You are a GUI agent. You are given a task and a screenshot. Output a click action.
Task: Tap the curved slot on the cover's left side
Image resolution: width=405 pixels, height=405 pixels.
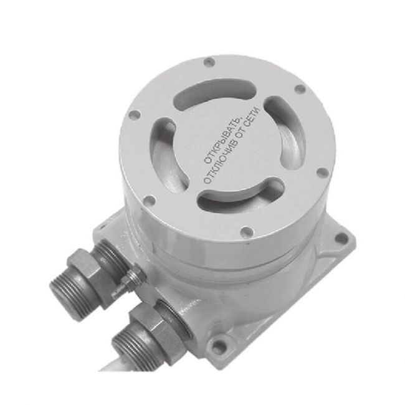click(168, 155)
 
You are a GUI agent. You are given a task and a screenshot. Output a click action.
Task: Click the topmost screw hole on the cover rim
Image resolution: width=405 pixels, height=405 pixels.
click(209, 62)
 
